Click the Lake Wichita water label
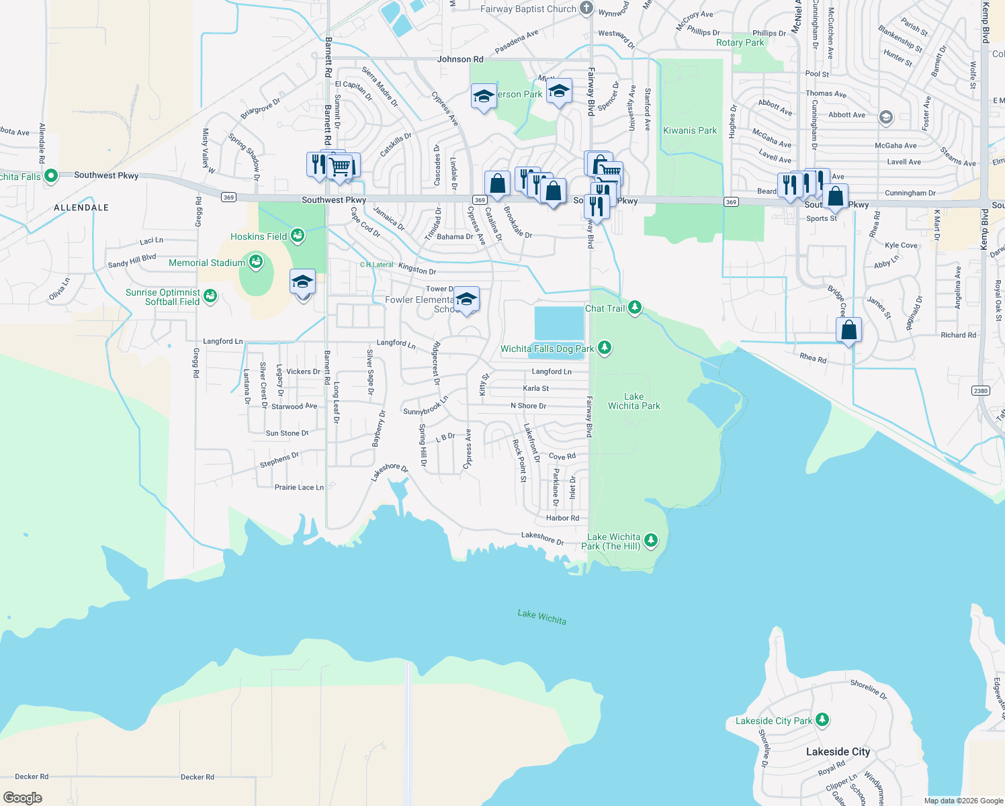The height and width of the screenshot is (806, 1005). (541, 617)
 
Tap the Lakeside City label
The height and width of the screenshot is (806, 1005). (838, 752)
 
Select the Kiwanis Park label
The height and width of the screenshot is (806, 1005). (689, 130)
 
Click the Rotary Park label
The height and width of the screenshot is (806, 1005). (740, 42)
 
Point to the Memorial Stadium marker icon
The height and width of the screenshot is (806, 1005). (255, 263)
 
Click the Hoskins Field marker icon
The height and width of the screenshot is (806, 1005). (297, 236)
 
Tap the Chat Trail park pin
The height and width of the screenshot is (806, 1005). (634, 308)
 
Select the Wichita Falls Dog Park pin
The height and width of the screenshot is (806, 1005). (605, 348)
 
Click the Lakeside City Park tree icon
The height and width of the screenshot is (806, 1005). (822, 721)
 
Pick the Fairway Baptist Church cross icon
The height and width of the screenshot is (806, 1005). (586, 9)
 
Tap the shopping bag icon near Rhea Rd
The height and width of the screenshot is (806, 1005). (848, 330)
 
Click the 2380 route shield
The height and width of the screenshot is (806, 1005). (980, 390)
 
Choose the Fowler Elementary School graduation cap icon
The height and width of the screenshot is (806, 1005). (466, 299)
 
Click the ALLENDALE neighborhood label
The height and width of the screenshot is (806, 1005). (81, 208)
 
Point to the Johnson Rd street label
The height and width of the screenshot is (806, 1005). (460, 59)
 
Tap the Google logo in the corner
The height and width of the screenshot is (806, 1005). (23, 797)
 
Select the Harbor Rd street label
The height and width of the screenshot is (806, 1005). (562, 518)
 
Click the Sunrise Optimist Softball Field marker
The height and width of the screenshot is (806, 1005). (210, 296)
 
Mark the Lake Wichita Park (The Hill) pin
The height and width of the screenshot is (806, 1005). (650, 541)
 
